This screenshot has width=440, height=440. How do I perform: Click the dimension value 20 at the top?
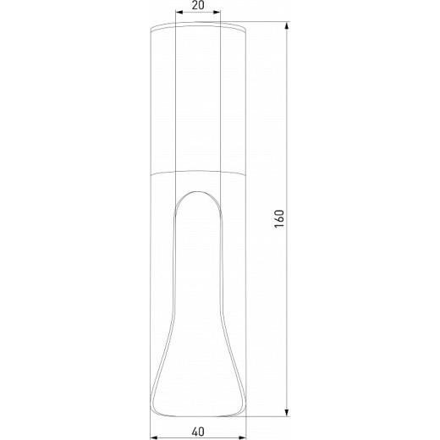pyautogui.click(x=197, y=5)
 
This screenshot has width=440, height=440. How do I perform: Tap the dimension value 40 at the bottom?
pyautogui.click(x=197, y=432)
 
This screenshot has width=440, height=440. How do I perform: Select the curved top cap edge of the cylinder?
pyautogui.click(x=197, y=27)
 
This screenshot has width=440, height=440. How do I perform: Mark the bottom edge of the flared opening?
pyautogui.click(x=197, y=412)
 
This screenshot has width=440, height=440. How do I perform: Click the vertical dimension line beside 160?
pyautogui.click(x=287, y=127)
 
